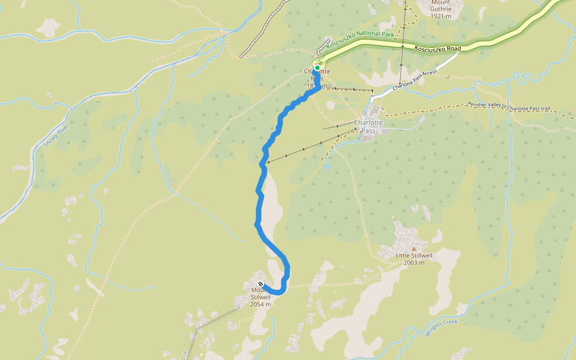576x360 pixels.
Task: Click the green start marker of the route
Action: tap(317, 68)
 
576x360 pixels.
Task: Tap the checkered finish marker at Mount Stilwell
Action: tap(260, 284)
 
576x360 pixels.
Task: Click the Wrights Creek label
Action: tap(442, 328)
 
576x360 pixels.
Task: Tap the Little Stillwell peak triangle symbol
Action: tap(413, 248)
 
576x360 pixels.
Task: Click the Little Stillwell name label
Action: tap(414, 255)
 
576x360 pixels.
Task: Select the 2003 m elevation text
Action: tap(414, 262)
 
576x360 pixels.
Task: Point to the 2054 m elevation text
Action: tap(261, 304)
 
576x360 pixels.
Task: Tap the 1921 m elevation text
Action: tap(445, 16)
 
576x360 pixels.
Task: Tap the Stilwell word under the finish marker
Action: tap(260, 297)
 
